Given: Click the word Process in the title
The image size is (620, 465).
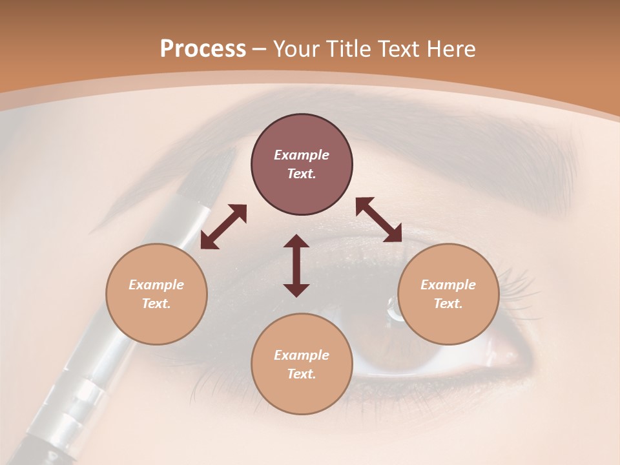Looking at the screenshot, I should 203,49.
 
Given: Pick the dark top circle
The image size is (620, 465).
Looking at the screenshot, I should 302,165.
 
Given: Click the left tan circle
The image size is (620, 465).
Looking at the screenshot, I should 156,294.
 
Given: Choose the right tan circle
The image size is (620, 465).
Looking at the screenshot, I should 448,294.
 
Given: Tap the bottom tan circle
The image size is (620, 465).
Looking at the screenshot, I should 302,364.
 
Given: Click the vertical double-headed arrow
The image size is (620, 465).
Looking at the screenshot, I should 296,265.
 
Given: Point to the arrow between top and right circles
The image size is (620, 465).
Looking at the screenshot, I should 378,220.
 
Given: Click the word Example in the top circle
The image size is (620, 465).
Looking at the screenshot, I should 302,155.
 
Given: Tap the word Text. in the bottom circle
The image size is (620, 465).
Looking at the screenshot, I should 302,374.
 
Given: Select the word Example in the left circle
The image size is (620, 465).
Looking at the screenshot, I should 156,285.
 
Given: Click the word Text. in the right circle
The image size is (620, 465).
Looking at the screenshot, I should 448,304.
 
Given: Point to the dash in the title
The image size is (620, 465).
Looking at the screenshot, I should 260,49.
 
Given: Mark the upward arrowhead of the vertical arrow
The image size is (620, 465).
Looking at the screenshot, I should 296,240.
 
